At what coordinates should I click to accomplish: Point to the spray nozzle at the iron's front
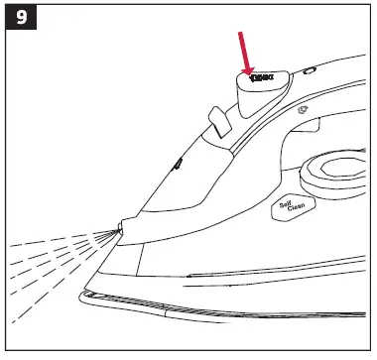coord(118,231)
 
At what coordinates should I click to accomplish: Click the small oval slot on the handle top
coord(308,69)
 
